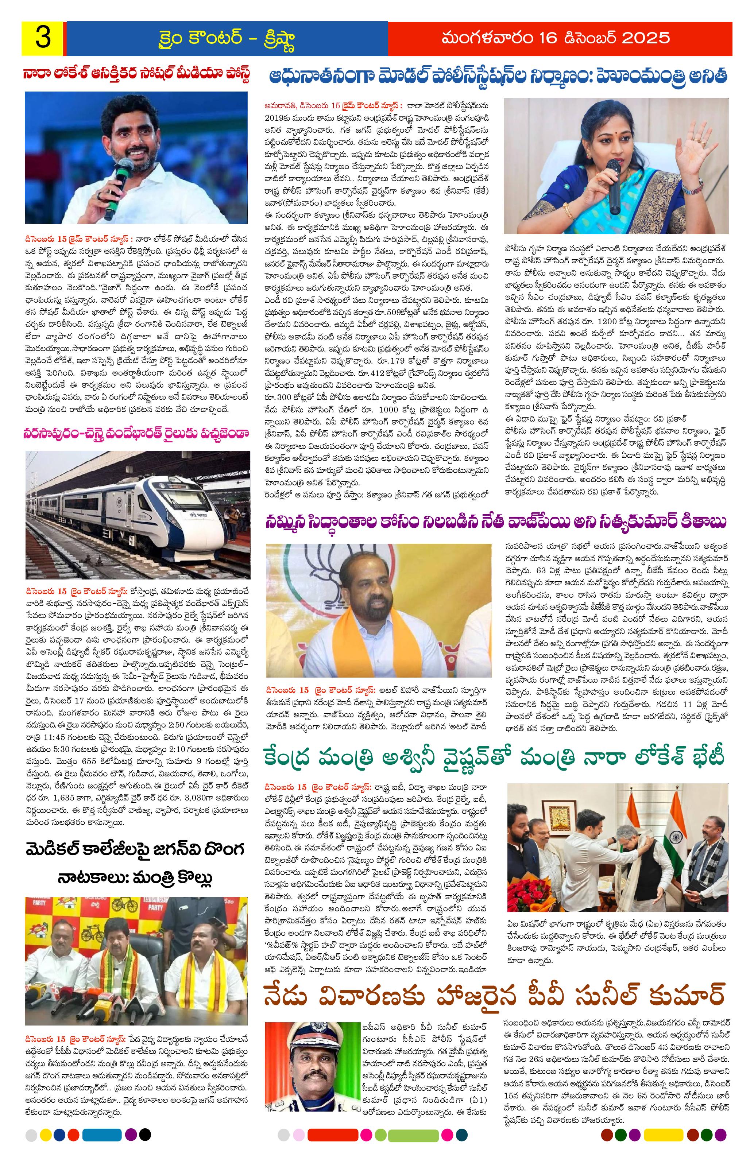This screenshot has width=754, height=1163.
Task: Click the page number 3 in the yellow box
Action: pos(43,38)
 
